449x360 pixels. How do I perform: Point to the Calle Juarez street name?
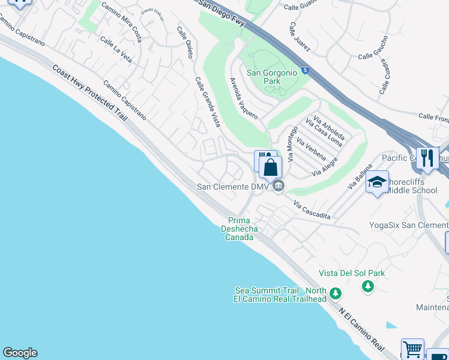[x=298, y=37]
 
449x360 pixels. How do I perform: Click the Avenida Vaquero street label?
[x=244, y=97]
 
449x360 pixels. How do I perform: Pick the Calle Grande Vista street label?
[x=207, y=102]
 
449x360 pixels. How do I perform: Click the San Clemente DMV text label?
[x=231, y=187]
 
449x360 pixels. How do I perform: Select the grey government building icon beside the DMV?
[x=277, y=187]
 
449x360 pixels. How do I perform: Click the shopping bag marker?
[x=270, y=167]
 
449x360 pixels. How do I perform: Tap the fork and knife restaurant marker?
[x=427, y=158]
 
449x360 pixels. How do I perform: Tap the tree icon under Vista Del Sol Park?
[x=368, y=286]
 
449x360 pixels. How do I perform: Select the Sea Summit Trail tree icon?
[x=336, y=293]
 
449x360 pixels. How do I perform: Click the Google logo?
[x=20, y=353]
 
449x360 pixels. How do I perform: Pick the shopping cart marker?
[x=412, y=349]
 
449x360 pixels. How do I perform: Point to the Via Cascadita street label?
[x=312, y=214]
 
